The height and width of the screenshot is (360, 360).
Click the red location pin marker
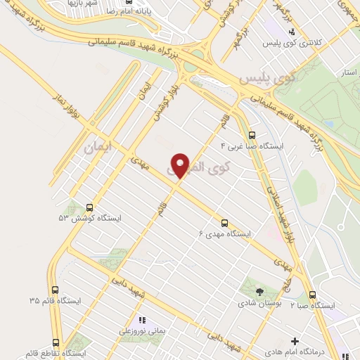coord(181,165)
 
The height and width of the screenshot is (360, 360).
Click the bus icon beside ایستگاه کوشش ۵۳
coord(89,207)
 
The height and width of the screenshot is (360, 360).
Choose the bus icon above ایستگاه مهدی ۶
coord(224,221)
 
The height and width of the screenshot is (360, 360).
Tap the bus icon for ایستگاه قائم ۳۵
coord(56,290)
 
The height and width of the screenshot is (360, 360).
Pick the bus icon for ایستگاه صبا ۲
coord(313,295)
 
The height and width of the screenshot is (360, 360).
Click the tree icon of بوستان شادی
coord(261,290)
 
